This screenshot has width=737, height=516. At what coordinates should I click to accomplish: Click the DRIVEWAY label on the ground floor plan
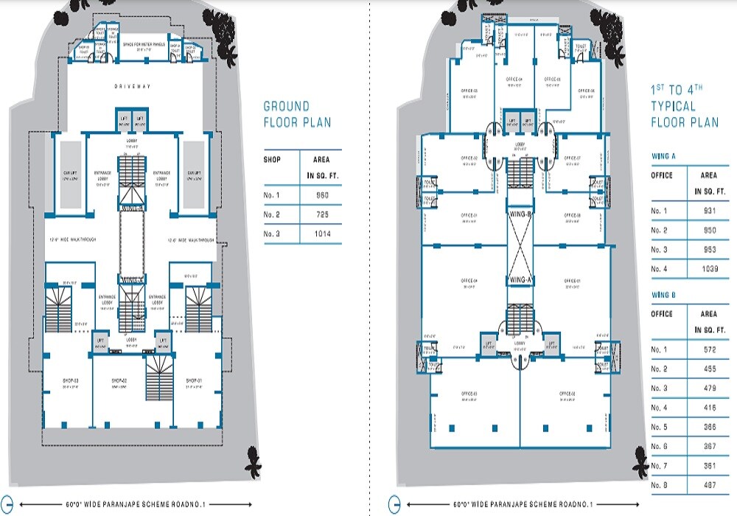coord(133,87)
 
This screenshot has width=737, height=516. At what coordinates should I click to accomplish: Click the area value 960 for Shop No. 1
coord(322,195)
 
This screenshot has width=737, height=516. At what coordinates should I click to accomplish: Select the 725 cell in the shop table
coord(322,215)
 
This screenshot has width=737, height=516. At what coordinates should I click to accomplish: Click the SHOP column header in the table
coord(273,159)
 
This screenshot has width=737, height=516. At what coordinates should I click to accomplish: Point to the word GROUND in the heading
coord(287,107)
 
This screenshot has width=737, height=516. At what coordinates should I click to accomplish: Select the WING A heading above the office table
coord(663,156)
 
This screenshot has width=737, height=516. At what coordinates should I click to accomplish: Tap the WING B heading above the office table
coord(663,295)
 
